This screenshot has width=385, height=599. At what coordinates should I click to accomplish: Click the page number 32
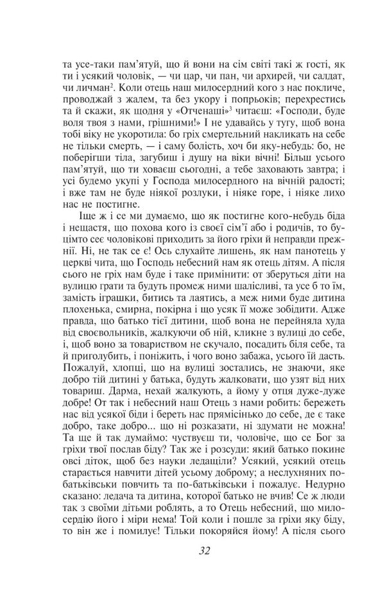pyautogui.click(x=205, y=550)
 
